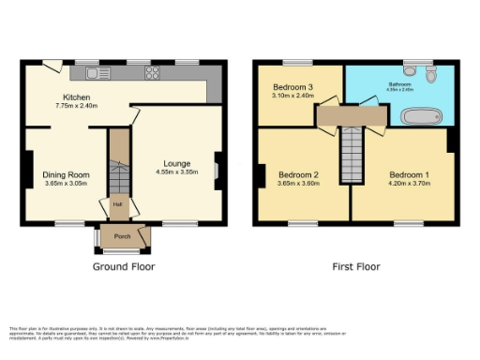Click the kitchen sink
[92, 73]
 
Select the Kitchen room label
[76, 97]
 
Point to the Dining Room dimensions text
[66, 185]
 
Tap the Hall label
[118, 203]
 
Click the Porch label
[122, 236]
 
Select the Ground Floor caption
[123, 267]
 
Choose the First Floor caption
[356, 267]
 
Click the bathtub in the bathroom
[422, 117]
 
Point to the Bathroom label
[400, 84]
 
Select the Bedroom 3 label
[291, 86]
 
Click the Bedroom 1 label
[411, 174]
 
